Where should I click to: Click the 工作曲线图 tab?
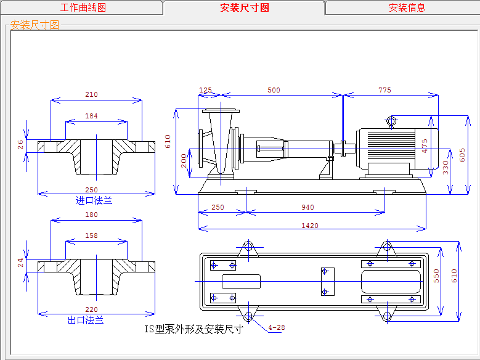point(83,8)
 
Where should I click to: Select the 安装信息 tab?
point(407,8)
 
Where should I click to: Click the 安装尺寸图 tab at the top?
point(244,8)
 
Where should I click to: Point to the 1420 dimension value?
point(310,226)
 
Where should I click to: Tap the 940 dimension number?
point(307,208)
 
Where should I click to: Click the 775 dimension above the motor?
point(384,90)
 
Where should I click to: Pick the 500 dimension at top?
point(274,90)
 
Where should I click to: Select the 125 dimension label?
point(205,90)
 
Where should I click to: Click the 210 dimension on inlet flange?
point(91,95)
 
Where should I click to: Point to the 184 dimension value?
point(91,116)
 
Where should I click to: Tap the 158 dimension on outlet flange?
point(91,235)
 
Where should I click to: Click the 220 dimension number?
point(91,310)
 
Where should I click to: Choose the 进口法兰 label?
point(94,200)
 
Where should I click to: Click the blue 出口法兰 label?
point(86,321)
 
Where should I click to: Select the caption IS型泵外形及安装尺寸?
point(193,329)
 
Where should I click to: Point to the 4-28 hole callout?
point(277,327)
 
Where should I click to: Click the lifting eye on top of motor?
point(391,121)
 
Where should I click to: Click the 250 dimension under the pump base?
point(218,208)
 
